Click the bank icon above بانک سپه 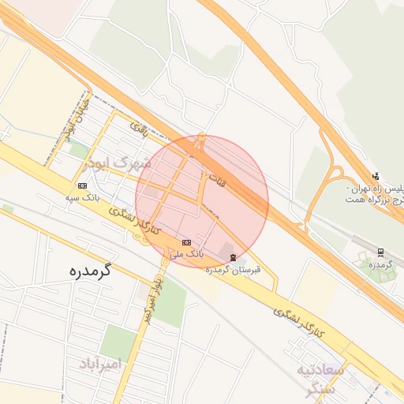[x=82, y=185]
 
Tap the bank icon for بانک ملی [x=186, y=242]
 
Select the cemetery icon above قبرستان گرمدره [x=231, y=257]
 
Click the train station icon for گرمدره [x=382, y=252]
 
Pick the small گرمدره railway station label [x=380, y=264]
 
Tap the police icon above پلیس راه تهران [x=376, y=176]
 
